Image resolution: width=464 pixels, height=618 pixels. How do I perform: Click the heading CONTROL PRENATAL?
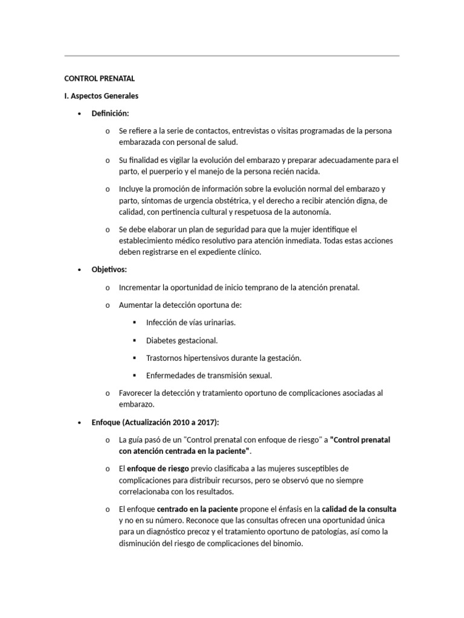click(99, 78)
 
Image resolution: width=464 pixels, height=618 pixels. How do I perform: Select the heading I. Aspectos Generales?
click(101, 96)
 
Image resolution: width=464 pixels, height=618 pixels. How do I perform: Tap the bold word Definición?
click(110, 113)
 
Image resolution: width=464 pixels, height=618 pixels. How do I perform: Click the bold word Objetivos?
click(109, 270)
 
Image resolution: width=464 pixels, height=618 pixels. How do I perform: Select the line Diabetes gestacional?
click(182, 340)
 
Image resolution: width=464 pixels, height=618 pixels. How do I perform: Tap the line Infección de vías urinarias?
click(191, 322)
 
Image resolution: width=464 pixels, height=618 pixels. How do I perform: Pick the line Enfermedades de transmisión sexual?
click(209, 375)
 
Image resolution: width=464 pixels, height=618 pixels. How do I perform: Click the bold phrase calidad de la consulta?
click(359, 509)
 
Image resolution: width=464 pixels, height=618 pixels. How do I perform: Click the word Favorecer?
click(138, 393)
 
